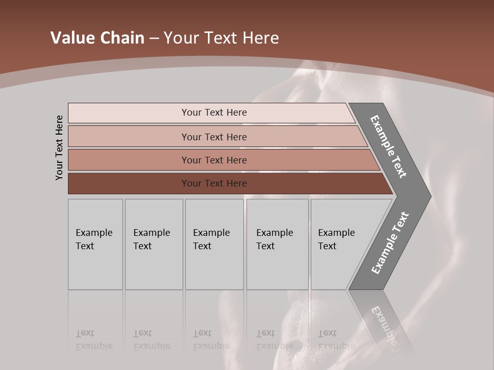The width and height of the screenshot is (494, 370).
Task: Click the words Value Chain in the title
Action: (x=97, y=38)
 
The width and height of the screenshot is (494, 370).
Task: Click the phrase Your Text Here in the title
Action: (x=221, y=38)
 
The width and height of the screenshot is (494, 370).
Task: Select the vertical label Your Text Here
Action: (x=59, y=148)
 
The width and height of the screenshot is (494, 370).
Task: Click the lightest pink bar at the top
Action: (x=214, y=113)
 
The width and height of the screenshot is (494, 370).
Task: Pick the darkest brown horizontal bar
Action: (x=214, y=183)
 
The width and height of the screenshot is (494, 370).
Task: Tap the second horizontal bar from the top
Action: (x=214, y=137)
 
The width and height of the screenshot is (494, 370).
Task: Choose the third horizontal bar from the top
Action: (x=214, y=160)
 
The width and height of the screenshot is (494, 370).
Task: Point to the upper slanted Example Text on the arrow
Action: (x=389, y=146)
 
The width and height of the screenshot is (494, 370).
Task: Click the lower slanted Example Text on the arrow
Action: (x=390, y=243)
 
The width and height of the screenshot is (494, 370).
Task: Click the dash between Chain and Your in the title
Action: (x=154, y=38)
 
